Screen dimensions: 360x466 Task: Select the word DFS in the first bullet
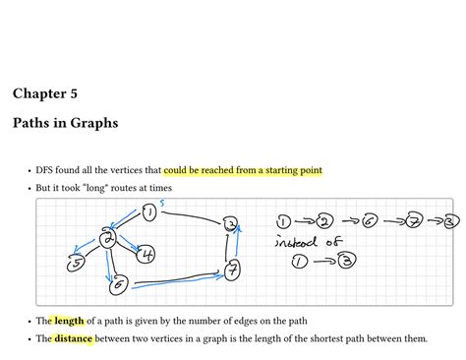point(47,170)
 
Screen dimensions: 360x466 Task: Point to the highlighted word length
point(69,320)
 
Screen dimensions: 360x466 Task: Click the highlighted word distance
point(73,338)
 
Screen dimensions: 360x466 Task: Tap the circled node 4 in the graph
point(146,254)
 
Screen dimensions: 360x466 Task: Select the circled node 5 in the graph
point(74,262)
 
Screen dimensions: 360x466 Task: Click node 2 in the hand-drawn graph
point(109,239)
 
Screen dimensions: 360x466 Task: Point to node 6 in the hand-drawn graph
point(120,285)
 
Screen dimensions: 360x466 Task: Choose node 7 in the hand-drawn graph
point(232,269)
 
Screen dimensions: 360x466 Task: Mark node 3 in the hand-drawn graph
point(230,225)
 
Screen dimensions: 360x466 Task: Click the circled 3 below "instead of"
point(346,261)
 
